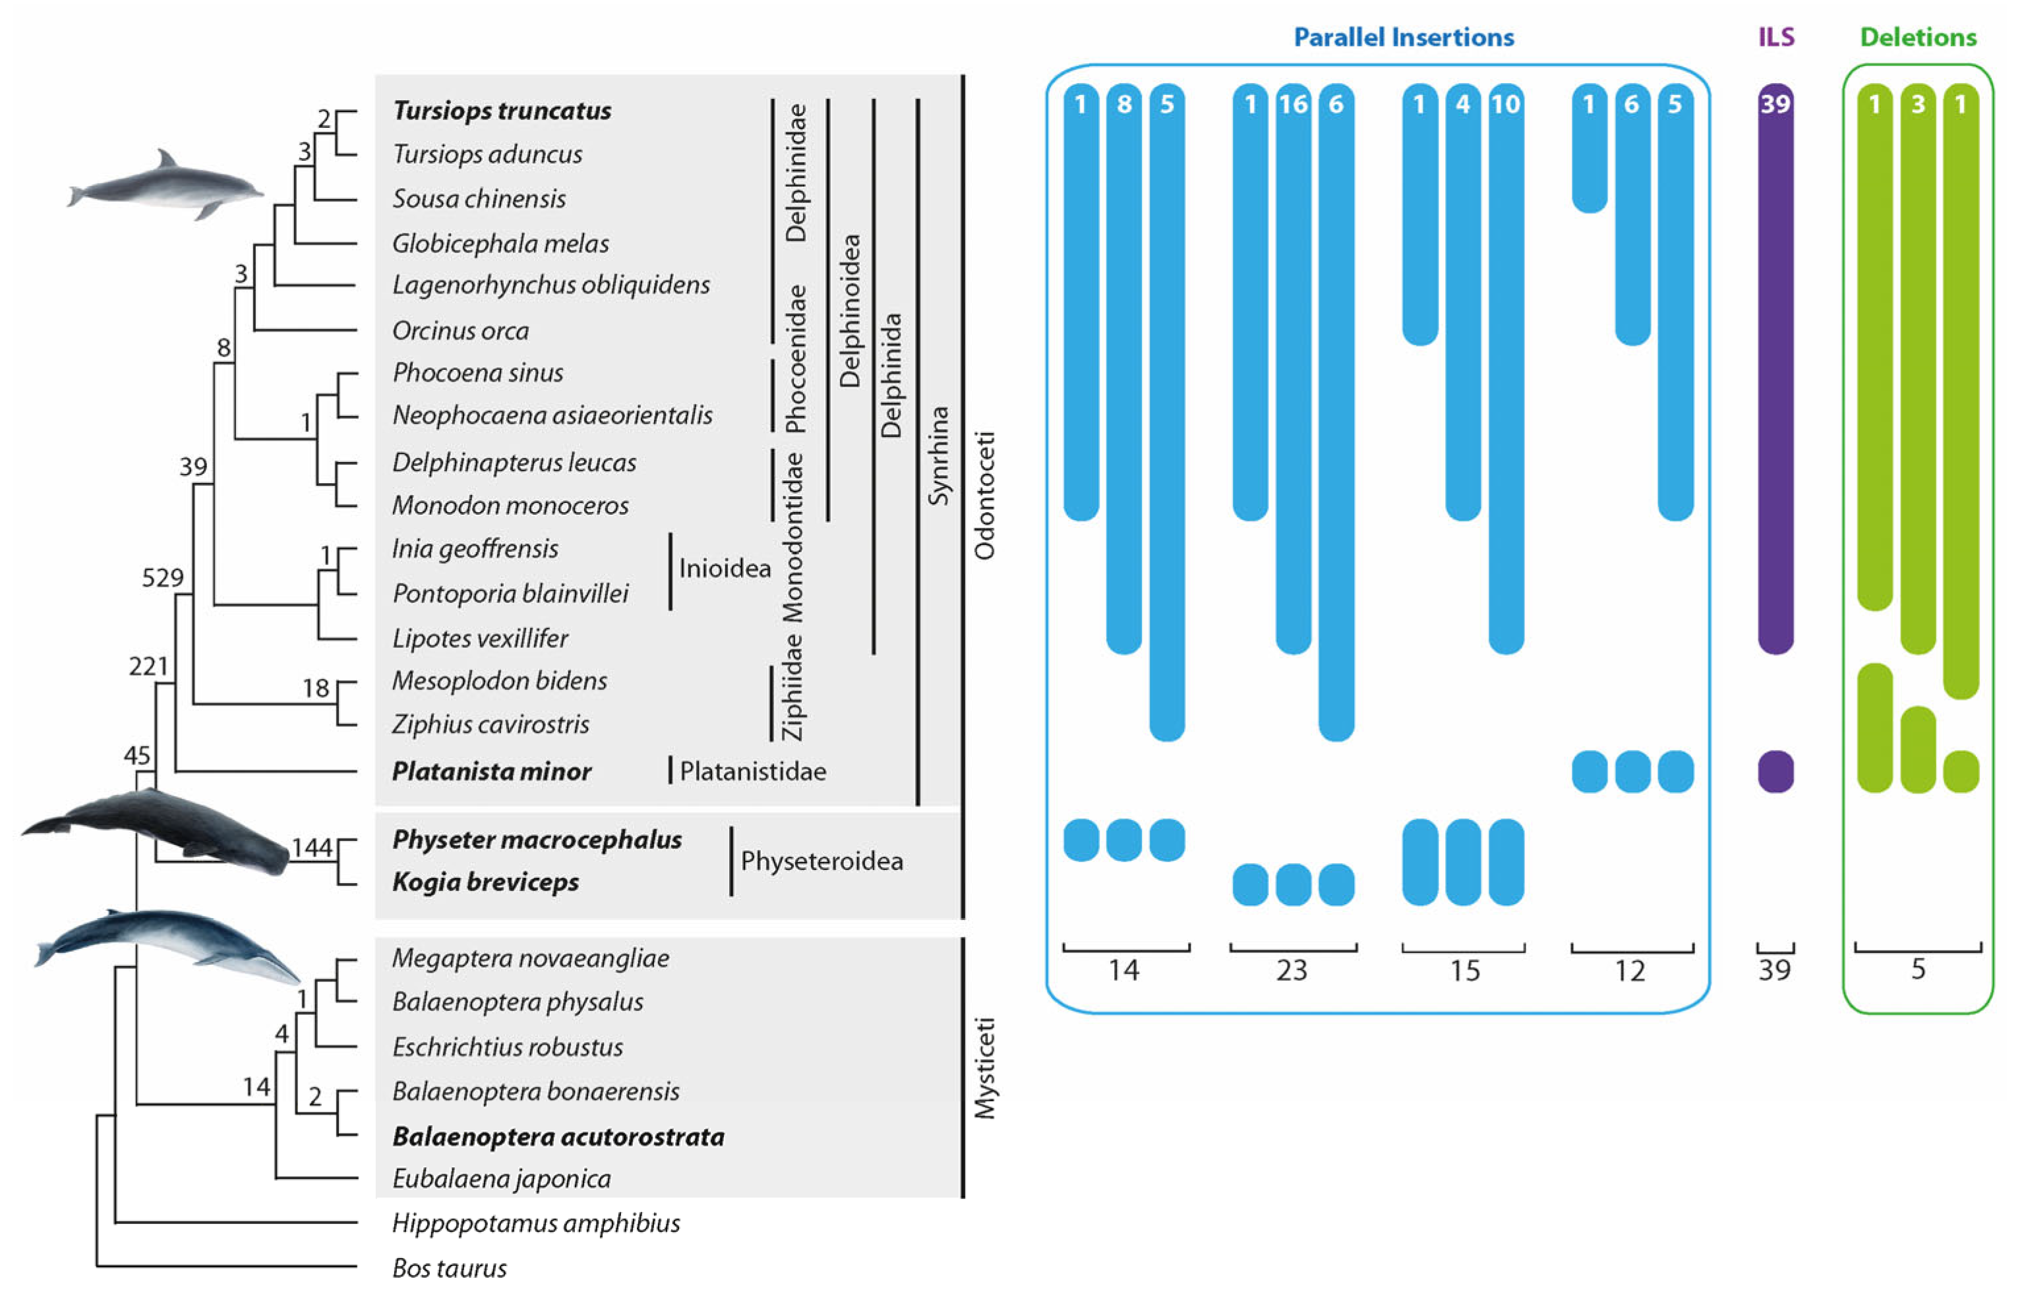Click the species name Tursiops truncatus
pos(502,111)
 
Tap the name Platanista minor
pos(491,771)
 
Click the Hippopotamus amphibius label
pos(536,1223)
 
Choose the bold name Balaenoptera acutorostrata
pos(558,1136)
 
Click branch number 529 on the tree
pos(162,578)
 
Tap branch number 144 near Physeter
pos(311,847)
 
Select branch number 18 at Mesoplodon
pos(316,688)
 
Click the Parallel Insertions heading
pos(1403,37)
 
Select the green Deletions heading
pos(1918,37)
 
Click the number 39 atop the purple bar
pos(1775,103)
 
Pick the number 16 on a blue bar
pos(1293,103)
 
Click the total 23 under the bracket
pos(1292,970)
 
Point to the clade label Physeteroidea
pos(821,860)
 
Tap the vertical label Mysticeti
pos(984,1068)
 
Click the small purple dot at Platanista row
pos(1775,771)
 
